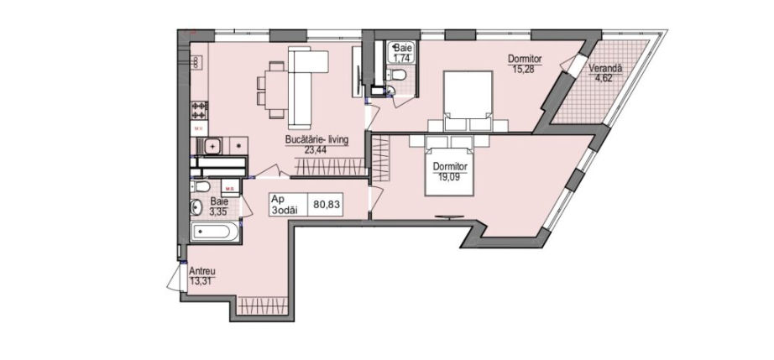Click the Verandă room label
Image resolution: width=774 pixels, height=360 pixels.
point(605,69)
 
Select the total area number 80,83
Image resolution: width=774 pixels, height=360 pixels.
point(327,205)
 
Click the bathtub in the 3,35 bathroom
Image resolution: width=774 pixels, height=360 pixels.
point(216,230)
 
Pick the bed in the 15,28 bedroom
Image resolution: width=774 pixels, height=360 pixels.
point(468,101)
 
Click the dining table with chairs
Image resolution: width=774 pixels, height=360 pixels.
point(270,90)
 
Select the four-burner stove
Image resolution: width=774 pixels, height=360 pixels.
point(200,110)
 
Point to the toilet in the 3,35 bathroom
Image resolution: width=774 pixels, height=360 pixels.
point(201,186)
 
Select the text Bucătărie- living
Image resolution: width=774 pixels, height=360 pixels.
point(316,140)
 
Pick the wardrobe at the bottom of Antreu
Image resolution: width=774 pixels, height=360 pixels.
point(262,305)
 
